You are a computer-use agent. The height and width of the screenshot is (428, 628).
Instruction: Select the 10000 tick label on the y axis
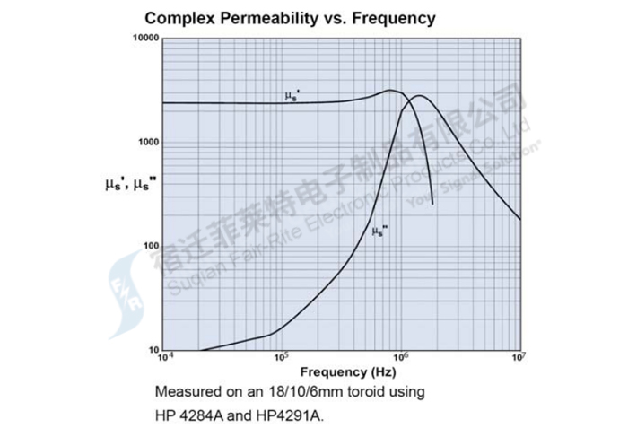coord(144,39)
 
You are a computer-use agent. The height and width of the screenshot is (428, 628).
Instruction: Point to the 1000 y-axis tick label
coord(147,143)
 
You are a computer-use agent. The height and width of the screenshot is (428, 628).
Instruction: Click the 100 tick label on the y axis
coord(150,247)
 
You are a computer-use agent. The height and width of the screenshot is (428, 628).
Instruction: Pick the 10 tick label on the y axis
coord(153,350)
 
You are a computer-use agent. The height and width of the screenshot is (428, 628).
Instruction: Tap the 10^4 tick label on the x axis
coord(164,357)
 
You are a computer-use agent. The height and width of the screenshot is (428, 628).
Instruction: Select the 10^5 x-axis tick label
coord(282,357)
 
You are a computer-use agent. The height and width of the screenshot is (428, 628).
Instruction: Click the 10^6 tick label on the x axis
coord(400,357)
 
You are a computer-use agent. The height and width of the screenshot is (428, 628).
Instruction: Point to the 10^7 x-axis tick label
coord(519,357)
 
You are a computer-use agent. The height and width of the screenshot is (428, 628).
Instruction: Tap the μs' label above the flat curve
coord(292,95)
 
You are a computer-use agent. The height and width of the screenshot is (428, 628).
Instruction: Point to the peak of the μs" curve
coord(417,96)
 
